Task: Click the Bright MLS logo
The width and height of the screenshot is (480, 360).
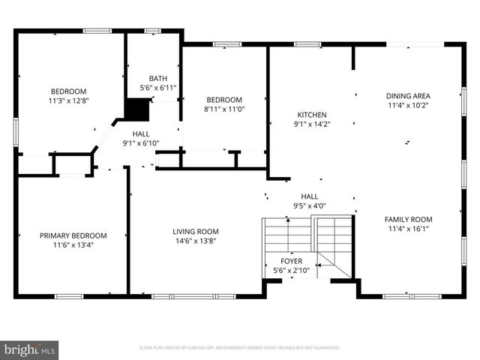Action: pos(30,349)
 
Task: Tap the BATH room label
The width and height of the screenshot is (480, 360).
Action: pos(158,78)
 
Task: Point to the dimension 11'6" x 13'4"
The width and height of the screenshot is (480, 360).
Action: pos(73,244)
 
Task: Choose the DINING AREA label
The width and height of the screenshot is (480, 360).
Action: pos(408,96)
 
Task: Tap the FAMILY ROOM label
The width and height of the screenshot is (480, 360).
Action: pos(408,220)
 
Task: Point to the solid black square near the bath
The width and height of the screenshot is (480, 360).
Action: pos(136,109)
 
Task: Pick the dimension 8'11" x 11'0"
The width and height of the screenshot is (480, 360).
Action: pos(224,109)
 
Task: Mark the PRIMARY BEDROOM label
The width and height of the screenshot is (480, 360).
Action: pos(73,235)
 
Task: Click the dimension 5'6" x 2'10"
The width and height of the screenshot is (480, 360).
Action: pos(292,270)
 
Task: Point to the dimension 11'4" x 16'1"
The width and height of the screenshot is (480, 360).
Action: pos(408,229)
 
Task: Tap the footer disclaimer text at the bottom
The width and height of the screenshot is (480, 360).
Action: pos(240,348)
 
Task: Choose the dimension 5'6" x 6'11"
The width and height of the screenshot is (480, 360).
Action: pos(158,88)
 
